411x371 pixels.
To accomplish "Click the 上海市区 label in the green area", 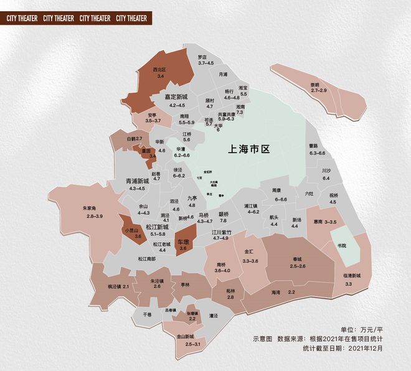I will point(248,150).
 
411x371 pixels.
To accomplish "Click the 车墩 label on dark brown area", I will point(182,242).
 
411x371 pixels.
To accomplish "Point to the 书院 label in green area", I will point(341,246).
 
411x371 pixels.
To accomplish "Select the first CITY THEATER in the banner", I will point(22,19).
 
